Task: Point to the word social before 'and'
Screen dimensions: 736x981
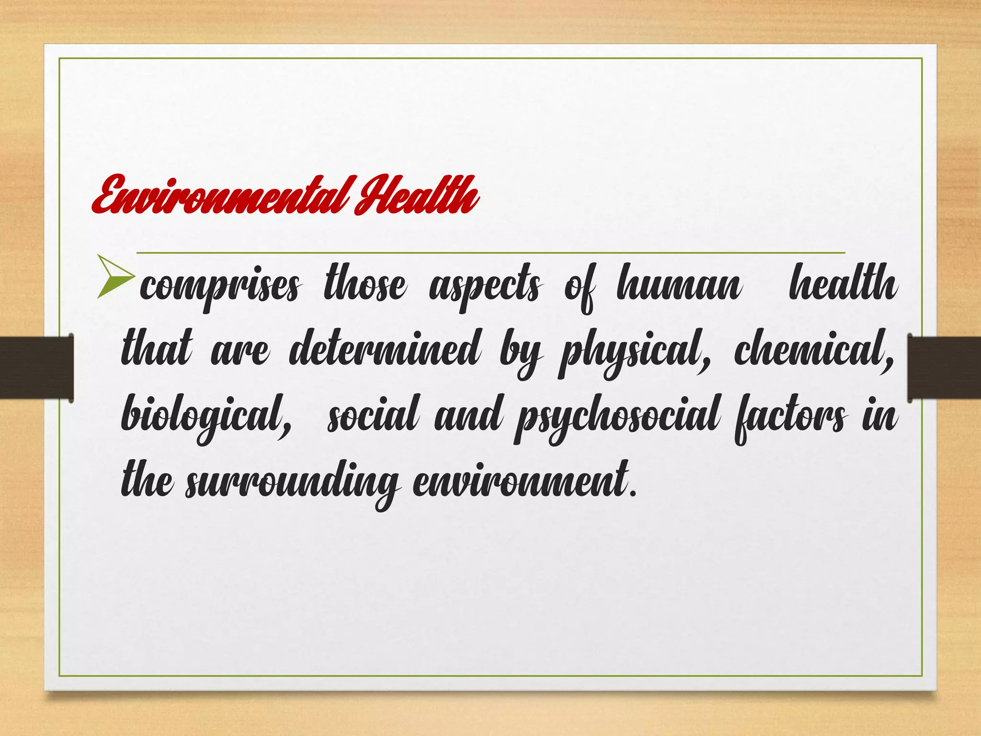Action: click(x=374, y=414)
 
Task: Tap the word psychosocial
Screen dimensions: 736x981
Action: click(x=618, y=417)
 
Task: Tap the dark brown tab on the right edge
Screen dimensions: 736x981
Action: click(x=944, y=368)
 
